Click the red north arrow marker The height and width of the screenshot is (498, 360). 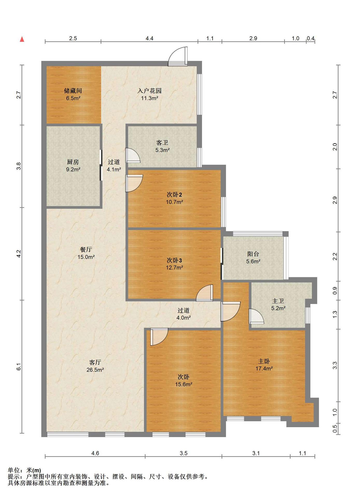point(22,39)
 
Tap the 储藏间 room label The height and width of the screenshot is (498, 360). point(73,91)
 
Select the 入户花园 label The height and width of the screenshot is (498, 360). point(150,91)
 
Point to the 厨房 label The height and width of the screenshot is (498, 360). point(73,162)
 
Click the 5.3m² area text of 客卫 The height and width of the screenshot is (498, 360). point(163,150)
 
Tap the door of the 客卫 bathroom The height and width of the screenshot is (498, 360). point(132,155)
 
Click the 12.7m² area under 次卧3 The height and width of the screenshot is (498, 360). point(174,267)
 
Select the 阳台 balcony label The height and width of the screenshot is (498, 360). point(253,254)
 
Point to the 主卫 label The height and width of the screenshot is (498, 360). point(278,301)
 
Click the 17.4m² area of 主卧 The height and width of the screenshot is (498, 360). point(264,368)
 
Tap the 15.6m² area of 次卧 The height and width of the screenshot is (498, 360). point(183,384)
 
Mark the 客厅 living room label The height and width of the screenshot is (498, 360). point(95,362)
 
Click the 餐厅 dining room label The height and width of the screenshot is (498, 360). point(86,250)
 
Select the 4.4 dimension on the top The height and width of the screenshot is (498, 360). point(150,38)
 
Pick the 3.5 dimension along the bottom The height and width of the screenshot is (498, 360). point(183,453)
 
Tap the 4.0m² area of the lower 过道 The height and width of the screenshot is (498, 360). point(183,317)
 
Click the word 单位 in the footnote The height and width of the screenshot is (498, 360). point(14,470)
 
